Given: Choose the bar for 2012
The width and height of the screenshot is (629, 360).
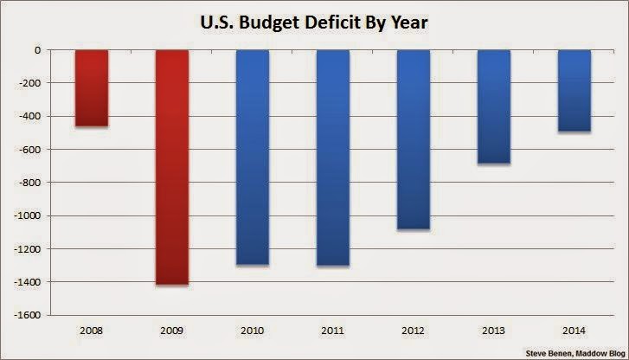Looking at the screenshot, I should pyautogui.click(x=414, y=139).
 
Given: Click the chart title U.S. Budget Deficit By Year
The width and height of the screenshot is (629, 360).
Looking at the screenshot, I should pyautogui.click(x=314, y=19).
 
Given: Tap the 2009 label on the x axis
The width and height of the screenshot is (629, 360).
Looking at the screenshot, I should pyautogui.click(x=171, y=330).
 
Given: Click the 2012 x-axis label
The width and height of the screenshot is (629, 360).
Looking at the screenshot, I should pyautogui.click(x=414, y=330).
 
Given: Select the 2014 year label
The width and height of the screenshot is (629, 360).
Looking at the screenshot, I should pyautogui.click(x=574, y=330).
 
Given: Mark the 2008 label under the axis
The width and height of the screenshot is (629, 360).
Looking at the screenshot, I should pyautogui.click(x=91, y=330).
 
